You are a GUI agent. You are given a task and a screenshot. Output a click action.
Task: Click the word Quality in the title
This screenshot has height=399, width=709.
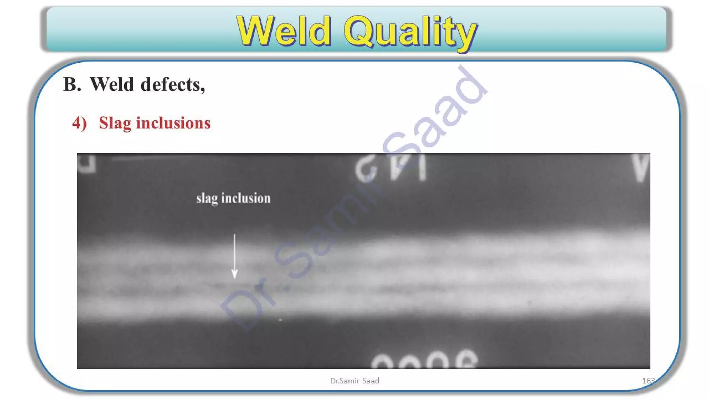(410, 32)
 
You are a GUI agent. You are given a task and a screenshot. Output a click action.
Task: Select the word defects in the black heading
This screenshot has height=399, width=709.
(172, 85)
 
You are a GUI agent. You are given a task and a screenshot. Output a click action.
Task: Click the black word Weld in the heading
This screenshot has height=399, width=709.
(111, 85)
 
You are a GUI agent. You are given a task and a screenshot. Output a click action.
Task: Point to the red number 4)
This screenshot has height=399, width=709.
(79, 123)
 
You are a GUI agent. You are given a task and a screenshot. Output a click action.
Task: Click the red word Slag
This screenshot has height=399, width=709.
(115, 124)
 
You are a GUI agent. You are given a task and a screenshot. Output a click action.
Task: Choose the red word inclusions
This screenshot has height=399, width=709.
(173, 123)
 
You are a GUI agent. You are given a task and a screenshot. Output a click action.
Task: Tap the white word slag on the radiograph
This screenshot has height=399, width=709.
(207, 199)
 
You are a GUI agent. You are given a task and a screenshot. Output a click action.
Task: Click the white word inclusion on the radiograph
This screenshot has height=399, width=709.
(246, 198)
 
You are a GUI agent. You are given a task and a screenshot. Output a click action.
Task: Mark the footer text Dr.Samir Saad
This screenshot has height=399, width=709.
(354, 381)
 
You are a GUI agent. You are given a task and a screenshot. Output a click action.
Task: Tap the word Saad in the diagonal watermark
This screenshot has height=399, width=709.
(436, 111)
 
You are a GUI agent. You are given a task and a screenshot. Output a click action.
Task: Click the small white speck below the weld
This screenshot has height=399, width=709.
(280, 320)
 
